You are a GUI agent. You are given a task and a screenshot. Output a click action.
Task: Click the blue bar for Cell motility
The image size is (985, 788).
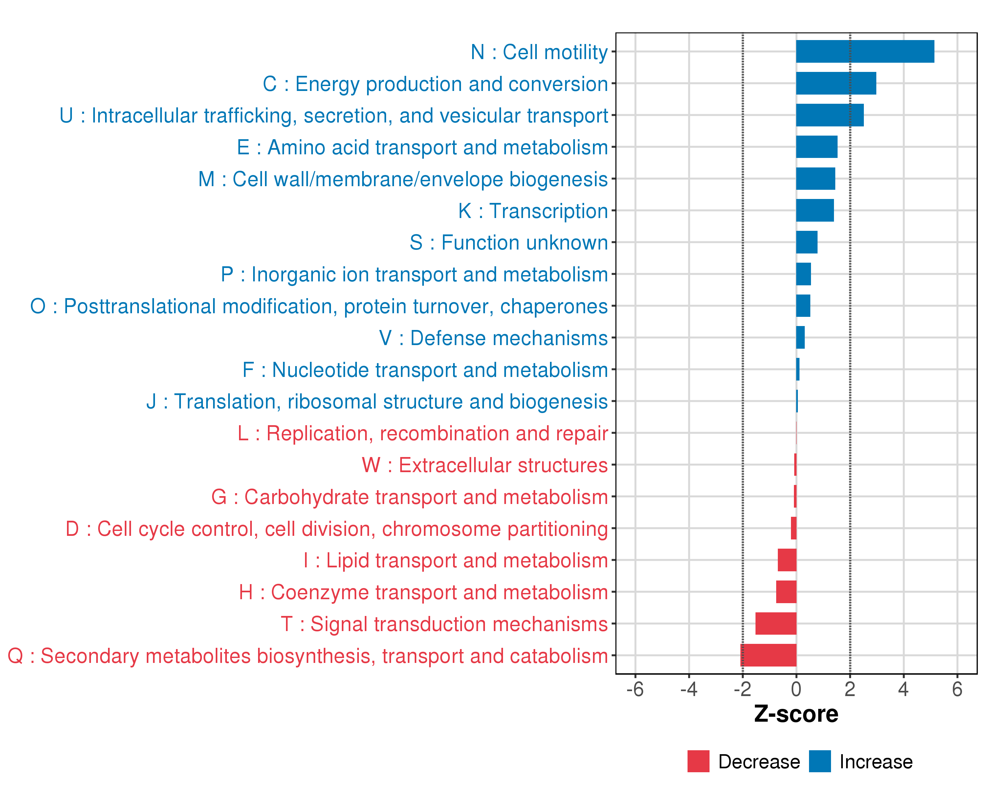pos(865,51)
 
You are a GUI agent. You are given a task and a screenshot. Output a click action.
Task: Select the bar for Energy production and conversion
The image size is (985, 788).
pos(836,83)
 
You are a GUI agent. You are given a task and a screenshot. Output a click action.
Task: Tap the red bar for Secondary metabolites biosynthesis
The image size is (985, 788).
pos(768,655)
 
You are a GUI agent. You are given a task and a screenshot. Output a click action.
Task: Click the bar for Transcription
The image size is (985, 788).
pos(815,210)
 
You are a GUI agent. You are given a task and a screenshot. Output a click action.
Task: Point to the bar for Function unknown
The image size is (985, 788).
pos(806,242)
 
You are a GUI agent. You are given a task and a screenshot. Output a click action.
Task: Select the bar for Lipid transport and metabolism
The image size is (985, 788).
pos(787,559)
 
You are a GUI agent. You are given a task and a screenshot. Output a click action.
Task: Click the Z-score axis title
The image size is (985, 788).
pos(796,713)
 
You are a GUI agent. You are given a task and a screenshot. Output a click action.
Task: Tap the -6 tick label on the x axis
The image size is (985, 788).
pos(635,689)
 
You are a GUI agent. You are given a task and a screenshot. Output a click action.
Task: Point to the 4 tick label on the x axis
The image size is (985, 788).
pos(903,689)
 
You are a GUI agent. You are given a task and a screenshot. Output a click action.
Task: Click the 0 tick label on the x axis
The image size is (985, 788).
pos(796,689)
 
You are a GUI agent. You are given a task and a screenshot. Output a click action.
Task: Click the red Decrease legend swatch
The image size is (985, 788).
pos(698,761)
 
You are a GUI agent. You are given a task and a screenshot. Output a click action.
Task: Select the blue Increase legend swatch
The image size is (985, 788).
pos(820,761)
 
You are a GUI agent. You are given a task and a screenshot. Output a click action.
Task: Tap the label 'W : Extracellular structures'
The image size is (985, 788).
pos(485,465)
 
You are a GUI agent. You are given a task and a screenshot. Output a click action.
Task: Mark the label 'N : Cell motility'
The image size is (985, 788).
pos(539,52)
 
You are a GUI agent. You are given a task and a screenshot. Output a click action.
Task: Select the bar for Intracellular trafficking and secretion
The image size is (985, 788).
pos(830,115)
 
